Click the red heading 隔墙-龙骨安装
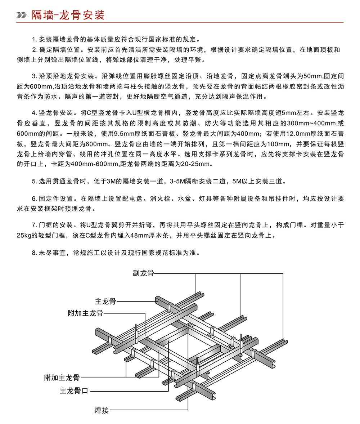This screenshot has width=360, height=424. [68, 15]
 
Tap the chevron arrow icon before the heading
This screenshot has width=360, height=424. [22, 15]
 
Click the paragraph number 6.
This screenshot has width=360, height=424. [34, 199]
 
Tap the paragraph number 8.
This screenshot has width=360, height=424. [34, 253]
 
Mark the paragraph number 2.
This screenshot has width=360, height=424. [34, 50]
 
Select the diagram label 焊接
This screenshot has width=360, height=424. [102, 410]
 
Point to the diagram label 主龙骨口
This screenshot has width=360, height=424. [74, 391]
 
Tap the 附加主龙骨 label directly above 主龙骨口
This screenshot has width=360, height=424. [62, 378]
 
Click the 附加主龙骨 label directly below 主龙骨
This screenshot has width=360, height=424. [85, 313]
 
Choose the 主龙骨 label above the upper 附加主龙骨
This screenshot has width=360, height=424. [105, 301]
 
